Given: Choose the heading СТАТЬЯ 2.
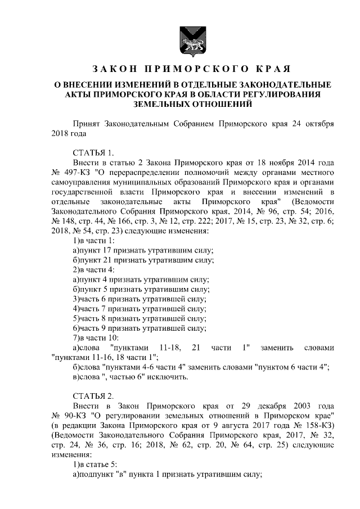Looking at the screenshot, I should (93, 395).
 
